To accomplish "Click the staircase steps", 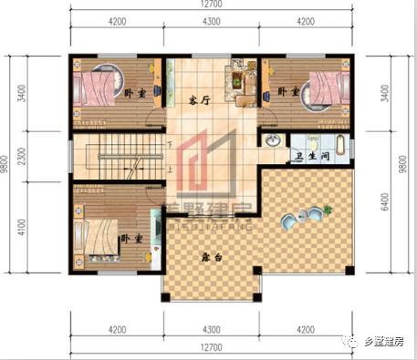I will click(x=118, y=159).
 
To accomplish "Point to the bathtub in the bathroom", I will click(x=340, y=143).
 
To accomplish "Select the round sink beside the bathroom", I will click(x=273, y=141).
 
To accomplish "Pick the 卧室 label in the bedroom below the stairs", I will click(x=131, y=239).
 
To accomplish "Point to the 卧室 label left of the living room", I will click(x=134, y=93).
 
